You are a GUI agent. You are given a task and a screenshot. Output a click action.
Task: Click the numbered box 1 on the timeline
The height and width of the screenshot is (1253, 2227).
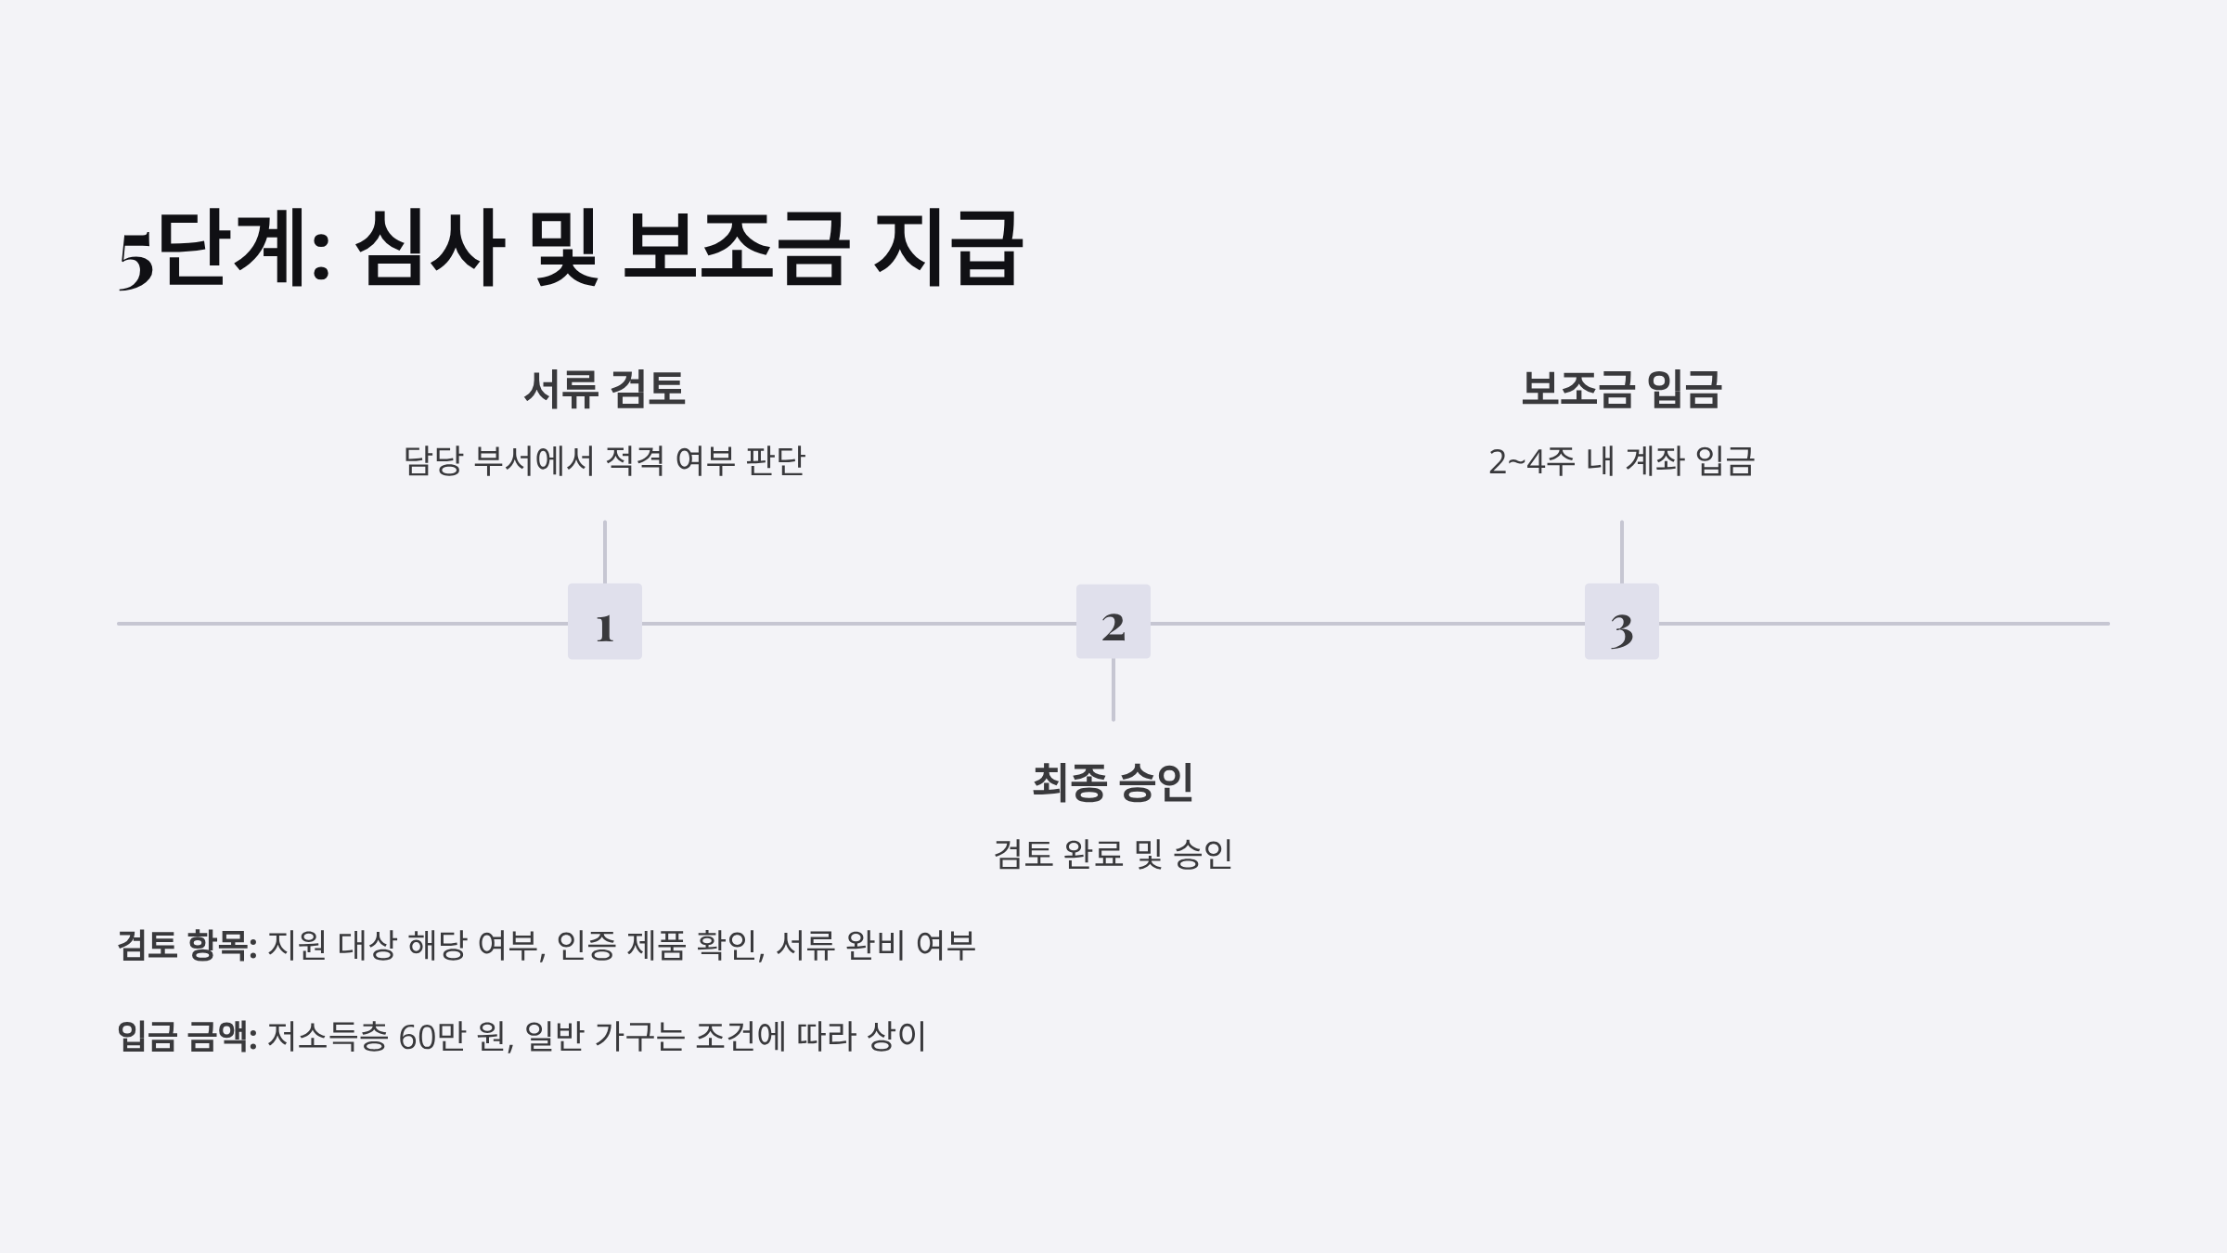(604, 622)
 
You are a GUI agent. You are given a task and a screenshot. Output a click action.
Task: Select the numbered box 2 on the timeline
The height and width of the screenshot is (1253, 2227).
(1113, 622)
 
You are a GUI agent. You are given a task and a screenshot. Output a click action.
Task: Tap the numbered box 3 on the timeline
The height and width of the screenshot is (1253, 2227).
(1621, 622)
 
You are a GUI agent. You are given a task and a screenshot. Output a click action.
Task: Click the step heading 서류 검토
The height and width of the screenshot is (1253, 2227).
(604, 389)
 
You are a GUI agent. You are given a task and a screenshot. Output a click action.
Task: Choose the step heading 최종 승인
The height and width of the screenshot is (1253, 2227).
(1113, 782)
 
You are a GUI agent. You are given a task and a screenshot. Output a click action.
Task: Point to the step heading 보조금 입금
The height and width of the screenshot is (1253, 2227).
(1621, 389)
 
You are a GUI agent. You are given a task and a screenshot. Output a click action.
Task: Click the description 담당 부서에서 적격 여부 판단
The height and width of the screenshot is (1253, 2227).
(604, 461)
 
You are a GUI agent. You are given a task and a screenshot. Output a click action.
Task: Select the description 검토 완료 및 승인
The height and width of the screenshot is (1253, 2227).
(1113, 854)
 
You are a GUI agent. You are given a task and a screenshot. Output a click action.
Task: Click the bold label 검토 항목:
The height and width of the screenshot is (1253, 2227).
(187, 946)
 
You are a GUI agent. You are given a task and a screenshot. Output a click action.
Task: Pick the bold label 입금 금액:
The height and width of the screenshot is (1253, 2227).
(187, 1037)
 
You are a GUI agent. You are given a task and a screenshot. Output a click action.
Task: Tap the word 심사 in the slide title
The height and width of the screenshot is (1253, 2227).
(429, 248)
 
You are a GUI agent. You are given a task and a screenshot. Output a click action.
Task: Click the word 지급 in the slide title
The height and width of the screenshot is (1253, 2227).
(947, 248)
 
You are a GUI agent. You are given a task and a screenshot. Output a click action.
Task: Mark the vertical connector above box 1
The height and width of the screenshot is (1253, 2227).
(604, 552)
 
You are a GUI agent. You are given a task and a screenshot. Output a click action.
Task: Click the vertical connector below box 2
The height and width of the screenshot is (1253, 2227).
(1113, 690)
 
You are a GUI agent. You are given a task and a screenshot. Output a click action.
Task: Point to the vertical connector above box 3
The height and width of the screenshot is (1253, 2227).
(1621, 552)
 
